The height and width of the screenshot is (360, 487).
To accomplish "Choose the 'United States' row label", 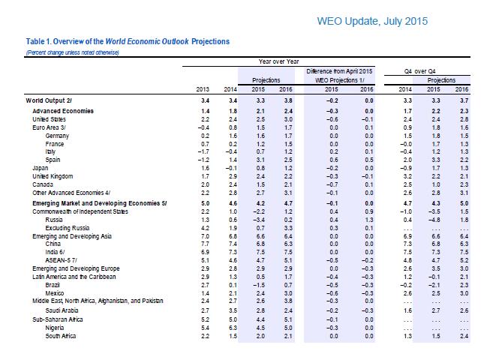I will point(47,118).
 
